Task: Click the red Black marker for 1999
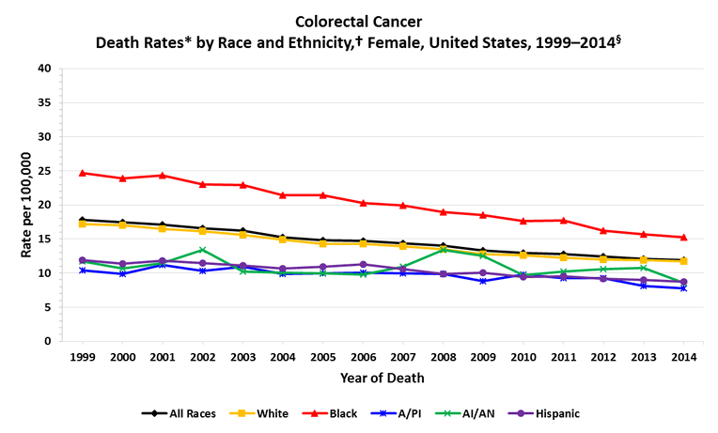83,173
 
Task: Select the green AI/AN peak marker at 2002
203,250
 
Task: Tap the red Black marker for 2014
683,238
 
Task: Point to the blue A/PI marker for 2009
483,281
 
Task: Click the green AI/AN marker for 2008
443,249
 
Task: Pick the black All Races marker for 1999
83,220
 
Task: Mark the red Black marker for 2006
363,203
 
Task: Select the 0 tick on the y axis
48,341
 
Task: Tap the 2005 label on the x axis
322,358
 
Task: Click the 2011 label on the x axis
563,358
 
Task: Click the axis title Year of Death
382,379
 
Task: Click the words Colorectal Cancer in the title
358,21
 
